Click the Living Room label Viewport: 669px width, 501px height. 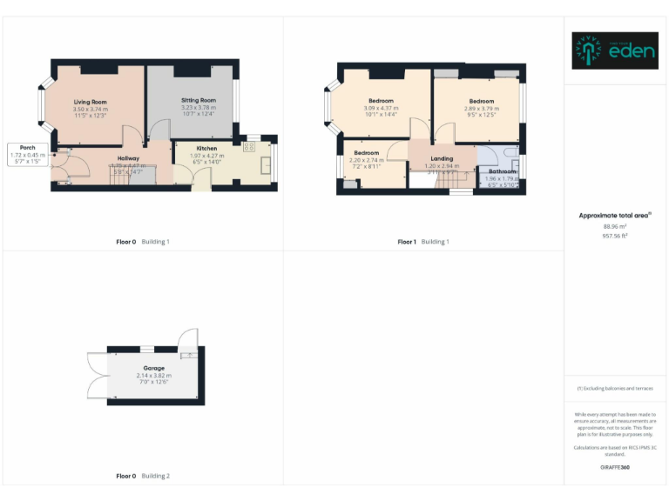[91, 102]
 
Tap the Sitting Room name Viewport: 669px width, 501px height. [198, 101]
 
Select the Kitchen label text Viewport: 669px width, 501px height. [206, 149]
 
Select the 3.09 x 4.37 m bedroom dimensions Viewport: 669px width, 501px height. [381, 108]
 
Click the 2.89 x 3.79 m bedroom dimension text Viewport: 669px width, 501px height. [481, 108]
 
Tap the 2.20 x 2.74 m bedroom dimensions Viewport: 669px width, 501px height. [366, 160]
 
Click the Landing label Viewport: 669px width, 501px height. [442, 158]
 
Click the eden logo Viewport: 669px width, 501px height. [615, 50]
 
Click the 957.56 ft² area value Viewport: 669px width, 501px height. [615, 236]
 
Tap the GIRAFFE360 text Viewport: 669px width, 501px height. [615, 467]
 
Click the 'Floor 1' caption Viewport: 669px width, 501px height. [407, 241]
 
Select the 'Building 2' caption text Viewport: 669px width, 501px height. [156, 476]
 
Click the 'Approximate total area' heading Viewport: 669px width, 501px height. [613, 215]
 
